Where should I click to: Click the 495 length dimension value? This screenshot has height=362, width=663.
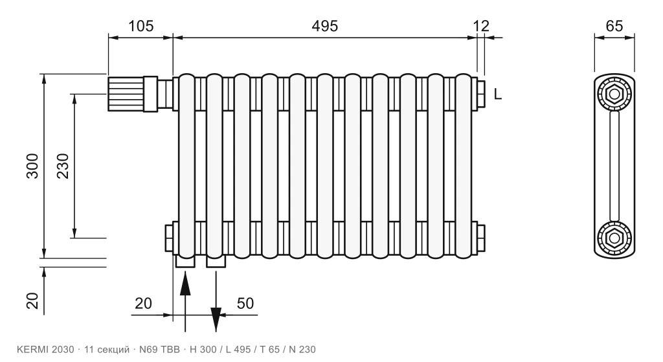tap(325, 26)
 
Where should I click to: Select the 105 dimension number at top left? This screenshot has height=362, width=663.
tap(140, 26)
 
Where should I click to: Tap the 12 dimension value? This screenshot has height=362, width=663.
tap(481, 26)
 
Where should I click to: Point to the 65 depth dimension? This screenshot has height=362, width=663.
tap(614, 26)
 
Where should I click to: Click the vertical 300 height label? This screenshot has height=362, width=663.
tap(32, 166)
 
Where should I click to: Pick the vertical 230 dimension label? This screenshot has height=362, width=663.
tap(63, 166)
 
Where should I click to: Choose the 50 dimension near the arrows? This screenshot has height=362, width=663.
tap(245, 303)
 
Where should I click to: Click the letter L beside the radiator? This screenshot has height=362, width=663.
tap(498, 95)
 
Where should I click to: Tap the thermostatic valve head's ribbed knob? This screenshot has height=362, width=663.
tap(126, 94)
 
